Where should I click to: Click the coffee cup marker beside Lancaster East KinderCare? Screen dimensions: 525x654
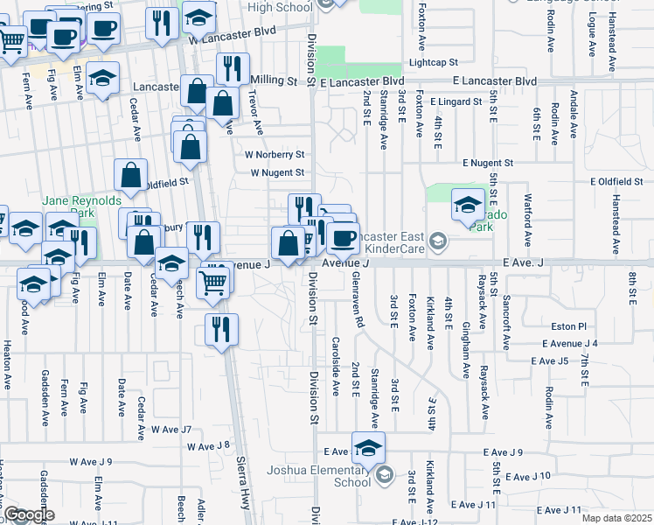pyautogui.click(x=343, y=237)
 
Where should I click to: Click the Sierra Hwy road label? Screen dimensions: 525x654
pyautogui.click(x=244, y=495)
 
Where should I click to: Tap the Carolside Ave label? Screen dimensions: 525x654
pyautogui.click(x=336, y=366)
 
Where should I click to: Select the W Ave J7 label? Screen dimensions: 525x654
pyautogui.click(x=170, y=429)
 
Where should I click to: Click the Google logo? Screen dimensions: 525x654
pyautogui.click(x=28, y=514)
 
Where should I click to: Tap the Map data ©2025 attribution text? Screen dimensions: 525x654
pyautogui.click(x=616, y=518)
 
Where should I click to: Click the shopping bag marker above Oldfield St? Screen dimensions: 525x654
pyautogui.click(x=130, y=174)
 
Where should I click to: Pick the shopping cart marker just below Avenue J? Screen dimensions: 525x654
pyautogui.click(x=214, y=283)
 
